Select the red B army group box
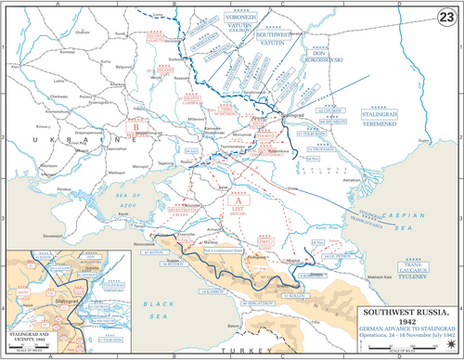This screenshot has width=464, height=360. tap(136, 131)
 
